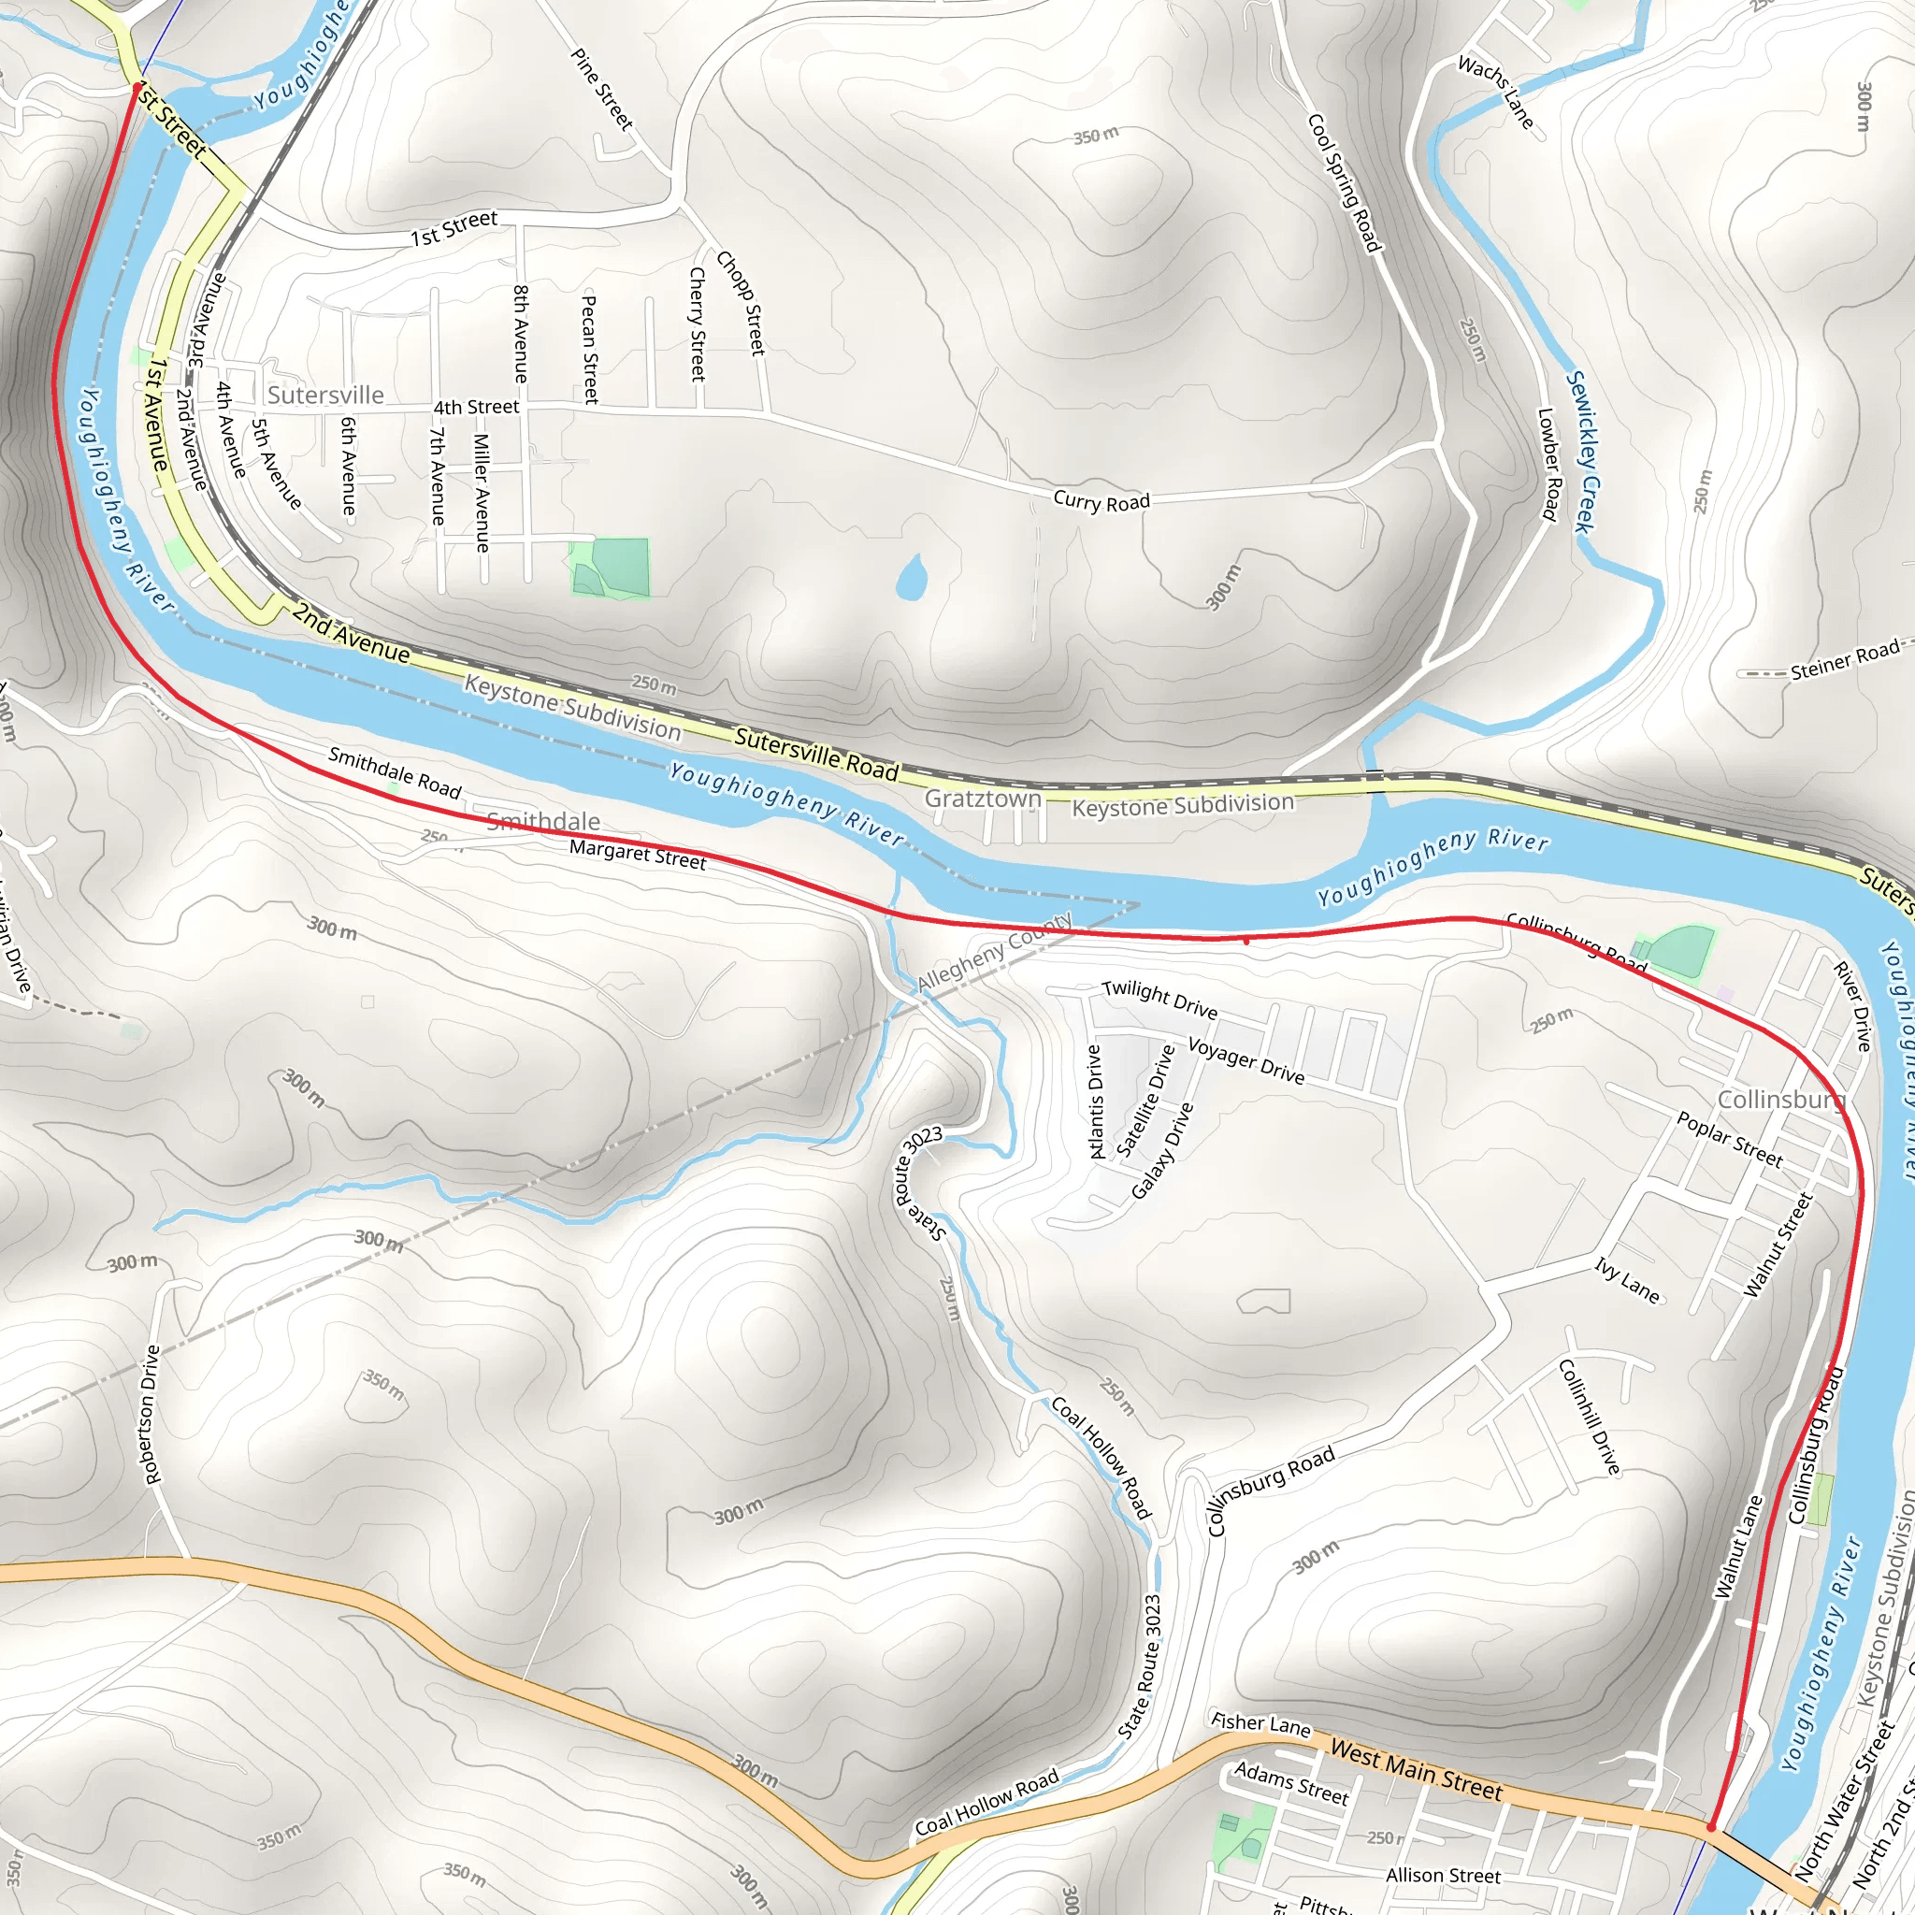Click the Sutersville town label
coord(325,396)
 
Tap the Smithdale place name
coord(543,821)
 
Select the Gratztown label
coord(983,798)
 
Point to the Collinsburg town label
coord(1780,1101)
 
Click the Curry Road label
coord(1101,501)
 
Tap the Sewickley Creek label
coord(1583,451)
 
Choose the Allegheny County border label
coord(994,952)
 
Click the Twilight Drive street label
coord(1159,1000)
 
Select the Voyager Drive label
coord(1245,1060)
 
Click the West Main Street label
coord(1416,1769)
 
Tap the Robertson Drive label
coord(151,1415)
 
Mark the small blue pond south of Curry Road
coord(911,578)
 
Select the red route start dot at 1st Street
coord(137,88)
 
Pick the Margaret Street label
coord(638,855)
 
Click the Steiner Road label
coord(1845,660)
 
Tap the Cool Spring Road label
coord(1344,182)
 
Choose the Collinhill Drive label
coord(1590,1417)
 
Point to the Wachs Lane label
coord(1496,93)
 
